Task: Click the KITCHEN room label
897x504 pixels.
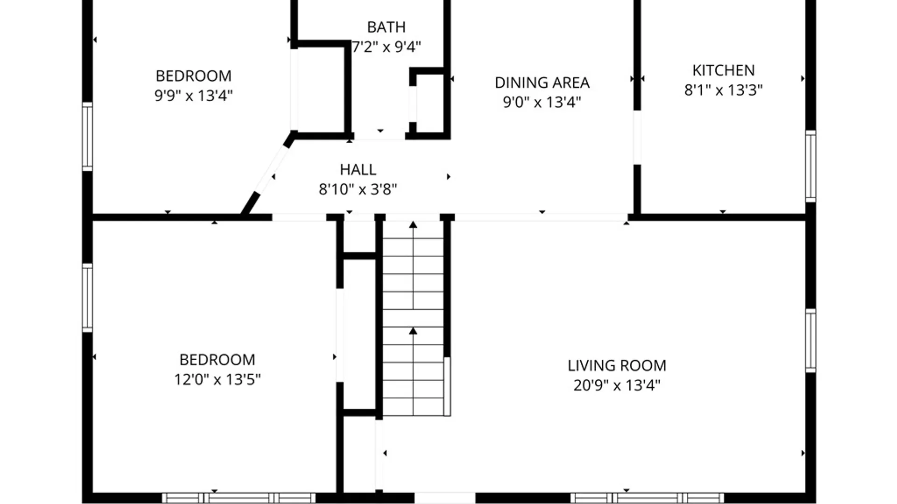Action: [x=723, y=70]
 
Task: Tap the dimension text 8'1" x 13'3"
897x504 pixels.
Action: [x=723, y=90]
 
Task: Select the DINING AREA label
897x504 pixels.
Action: [x=542, y=83]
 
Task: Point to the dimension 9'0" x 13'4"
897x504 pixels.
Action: [x=542, y=102]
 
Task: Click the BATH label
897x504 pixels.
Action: [x=386, y=28]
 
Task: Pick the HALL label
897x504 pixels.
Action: [x=358, y=169]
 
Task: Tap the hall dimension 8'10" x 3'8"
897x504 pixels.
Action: [x=358, y=189]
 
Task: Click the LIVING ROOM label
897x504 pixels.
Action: [x=617, y=365]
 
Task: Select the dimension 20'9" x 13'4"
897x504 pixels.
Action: [x=617, y=385]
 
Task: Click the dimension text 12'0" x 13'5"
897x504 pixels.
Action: [x=217, y=379]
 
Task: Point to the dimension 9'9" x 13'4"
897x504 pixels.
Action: [x=193, y=96]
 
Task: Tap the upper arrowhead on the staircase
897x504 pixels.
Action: [x=413, y=225]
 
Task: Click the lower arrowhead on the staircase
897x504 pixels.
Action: [x=413, y=331]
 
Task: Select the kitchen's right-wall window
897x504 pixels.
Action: [x=811, y=167]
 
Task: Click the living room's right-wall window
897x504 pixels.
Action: [x=811, y=341]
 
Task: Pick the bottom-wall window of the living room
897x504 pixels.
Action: [x=647, y=498]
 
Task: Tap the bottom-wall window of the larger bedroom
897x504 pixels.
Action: [x=239, y=498]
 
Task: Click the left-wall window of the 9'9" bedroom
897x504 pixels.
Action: [x=87, y=136]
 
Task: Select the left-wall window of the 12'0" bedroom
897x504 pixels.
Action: [x=87, y=298]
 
